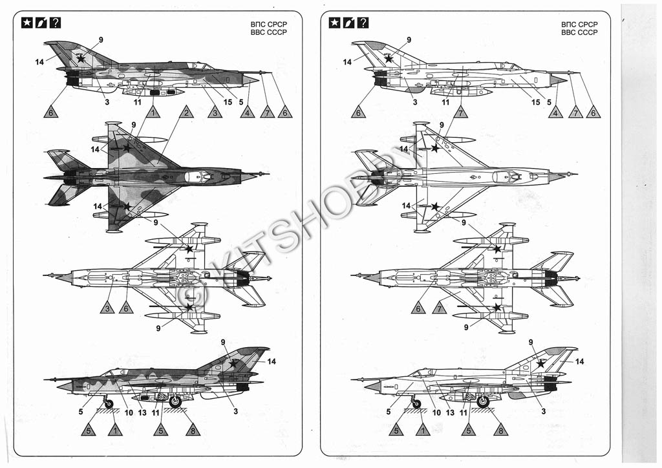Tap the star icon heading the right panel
(x=335, y=23)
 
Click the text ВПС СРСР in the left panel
(x=268, y=24)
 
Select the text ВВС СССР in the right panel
(x=579, y=32)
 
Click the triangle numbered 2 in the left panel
(x=186, y=112)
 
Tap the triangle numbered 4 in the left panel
(x=246, y=112)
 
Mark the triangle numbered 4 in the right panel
(x=555, y=112)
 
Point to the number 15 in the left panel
(x=228, y=101)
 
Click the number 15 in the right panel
(x=536, y=101)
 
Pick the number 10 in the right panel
(x=437, y=412)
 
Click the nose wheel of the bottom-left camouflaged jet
(x=109, y=404)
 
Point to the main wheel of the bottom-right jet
(x=482, y=401)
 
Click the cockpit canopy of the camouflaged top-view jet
(x=200, y=175)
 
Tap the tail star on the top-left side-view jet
(x=80, y=58)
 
